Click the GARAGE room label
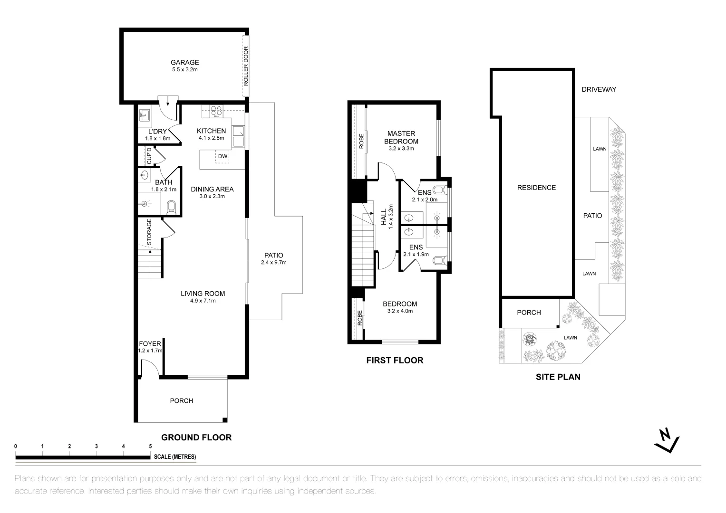(185, 62)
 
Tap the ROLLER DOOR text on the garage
(246, 66)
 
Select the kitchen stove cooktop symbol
(216, 112)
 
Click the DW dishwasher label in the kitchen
(223, 156)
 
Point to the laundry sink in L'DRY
(145, 115)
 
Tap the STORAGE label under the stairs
(149, 232)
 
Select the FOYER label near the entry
(150, 344)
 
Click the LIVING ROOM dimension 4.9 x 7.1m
(203, 301)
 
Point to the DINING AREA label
(212, 189)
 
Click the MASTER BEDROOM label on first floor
(401, 137)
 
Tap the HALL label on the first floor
(384, 217)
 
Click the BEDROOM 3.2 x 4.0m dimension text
(400, 311)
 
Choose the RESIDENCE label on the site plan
(536, 188)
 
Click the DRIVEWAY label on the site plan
(599, 89)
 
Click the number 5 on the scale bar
(150, 446)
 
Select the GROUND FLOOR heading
(196, 437)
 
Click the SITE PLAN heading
(558, 377)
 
